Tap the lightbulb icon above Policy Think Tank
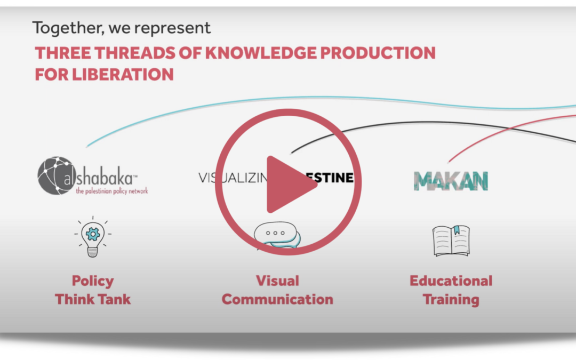point(93,238)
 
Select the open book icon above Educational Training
point(451,241)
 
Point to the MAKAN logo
point(451,181)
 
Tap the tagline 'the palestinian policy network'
point(111,191)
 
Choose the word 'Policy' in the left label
point(93,281)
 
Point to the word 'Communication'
point(277,299)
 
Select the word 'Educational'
point(451,281)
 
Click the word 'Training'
point(451,299)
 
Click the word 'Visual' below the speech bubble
point(277,281)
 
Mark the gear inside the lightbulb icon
point(93,234)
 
